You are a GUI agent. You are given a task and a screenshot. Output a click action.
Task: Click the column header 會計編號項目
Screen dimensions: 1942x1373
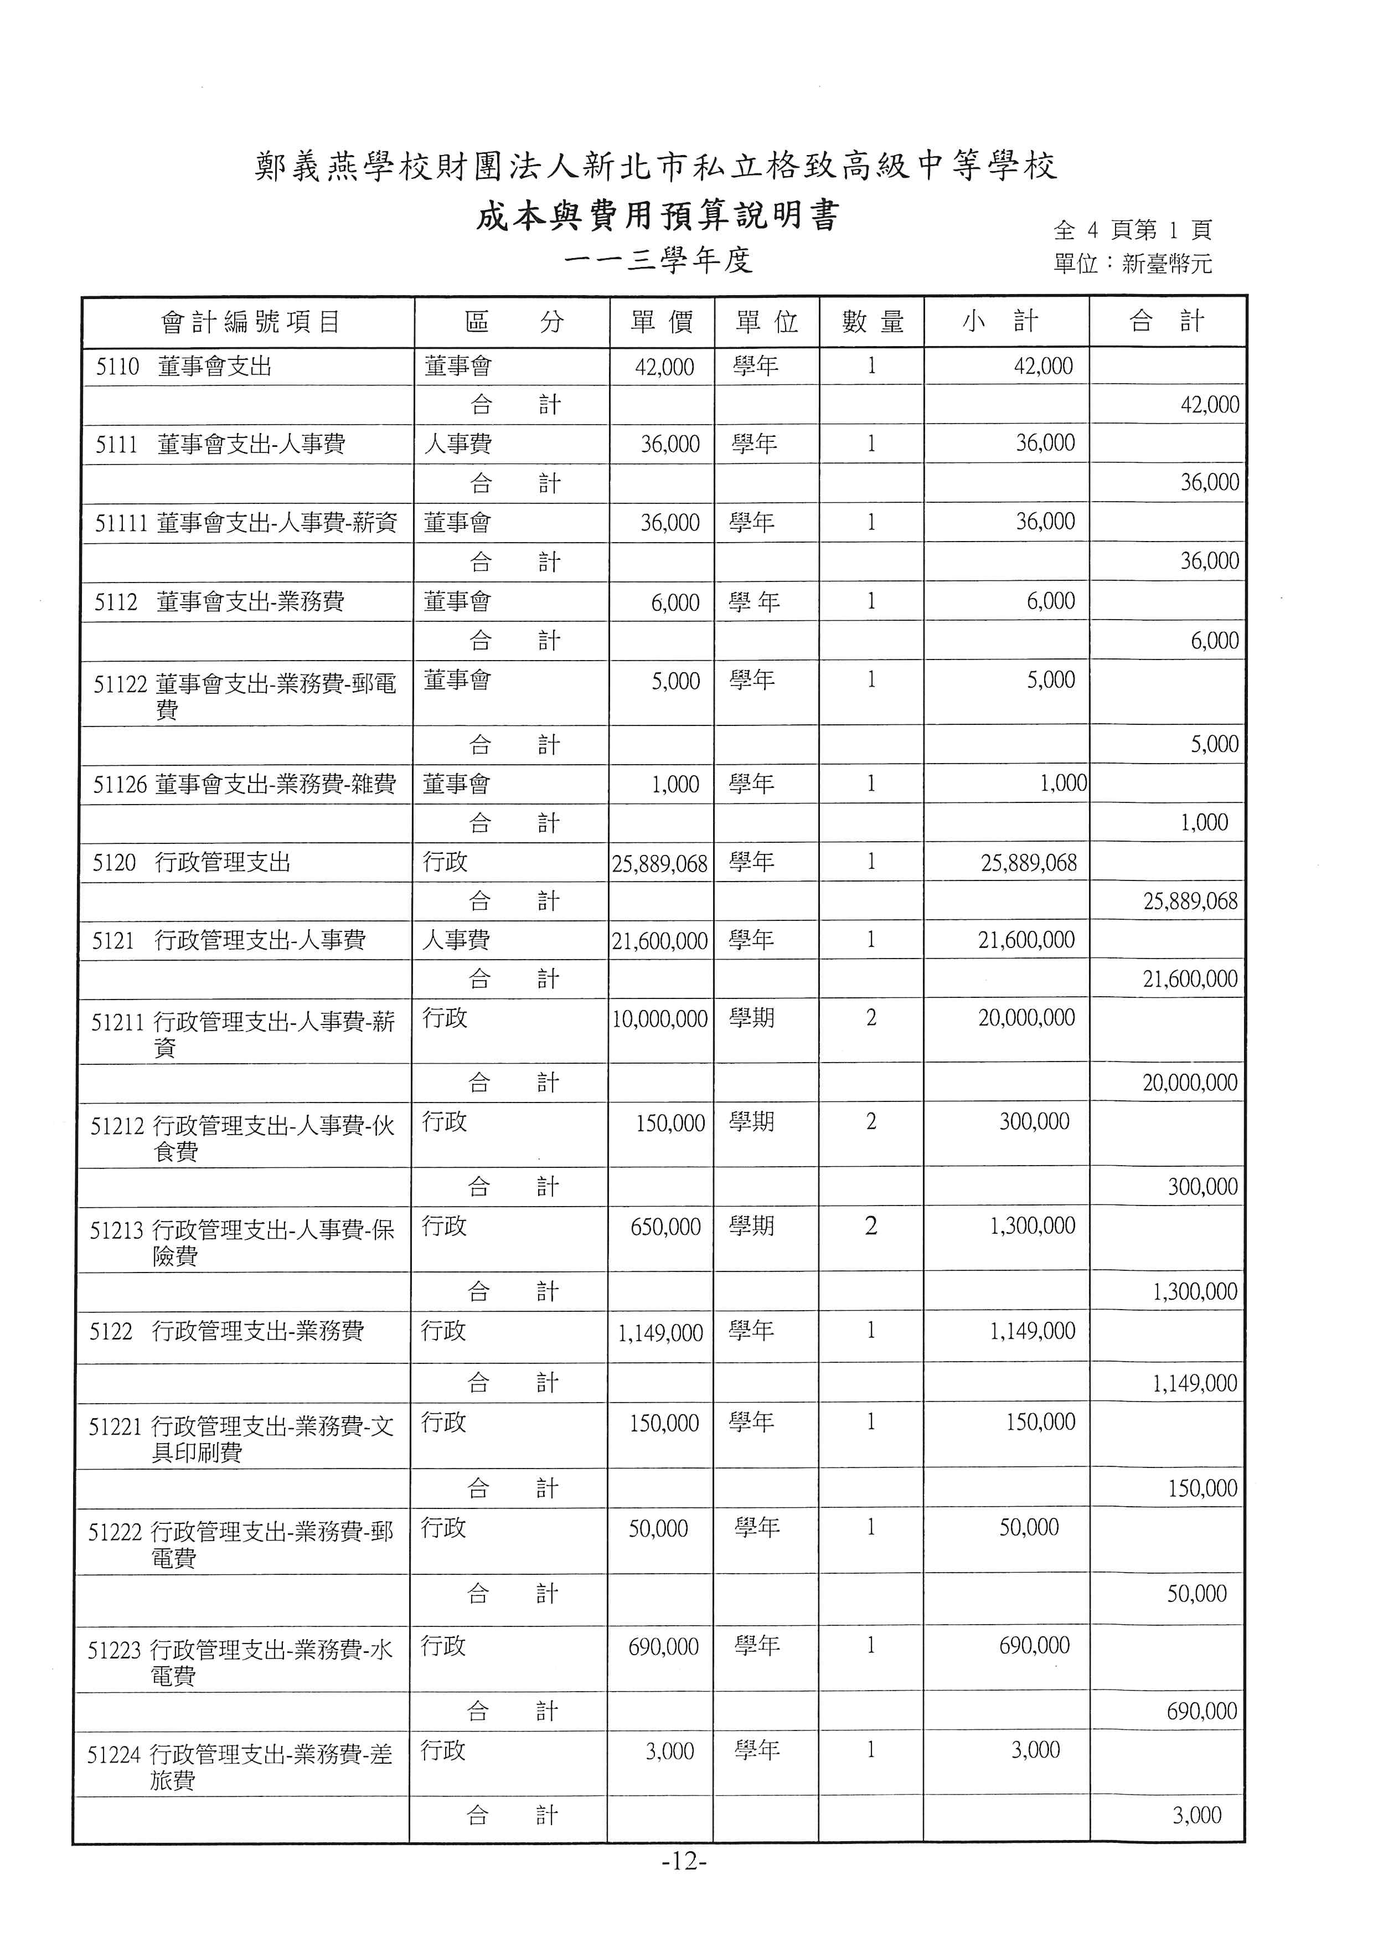[x=250, y=321]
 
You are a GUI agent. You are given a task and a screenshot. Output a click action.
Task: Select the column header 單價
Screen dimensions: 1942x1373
[x=662, y=321]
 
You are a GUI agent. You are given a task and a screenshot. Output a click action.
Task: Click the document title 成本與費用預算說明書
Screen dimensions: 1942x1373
[x=657, y=215]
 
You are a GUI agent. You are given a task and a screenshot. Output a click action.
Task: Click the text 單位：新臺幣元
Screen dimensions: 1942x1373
[x=1132, y=264]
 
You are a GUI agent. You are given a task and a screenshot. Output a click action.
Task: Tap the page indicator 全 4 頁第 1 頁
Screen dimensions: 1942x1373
[x=1132, y=229]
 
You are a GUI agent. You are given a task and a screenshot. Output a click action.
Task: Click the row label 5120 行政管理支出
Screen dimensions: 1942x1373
[x=191, y=863]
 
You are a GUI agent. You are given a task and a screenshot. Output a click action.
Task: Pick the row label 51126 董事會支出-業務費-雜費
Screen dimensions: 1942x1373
[x=244, y=784]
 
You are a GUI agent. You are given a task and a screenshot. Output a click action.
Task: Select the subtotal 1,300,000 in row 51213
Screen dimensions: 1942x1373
[x=1033, y=1225]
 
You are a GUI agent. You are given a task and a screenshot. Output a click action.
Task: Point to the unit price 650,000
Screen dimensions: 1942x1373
[x=665, y=1227]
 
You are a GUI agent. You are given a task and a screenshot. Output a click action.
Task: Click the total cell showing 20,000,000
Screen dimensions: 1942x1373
[x=1190, y=1083]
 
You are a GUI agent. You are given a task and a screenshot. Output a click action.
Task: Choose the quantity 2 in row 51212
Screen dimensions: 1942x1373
[x=871, y=1122]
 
